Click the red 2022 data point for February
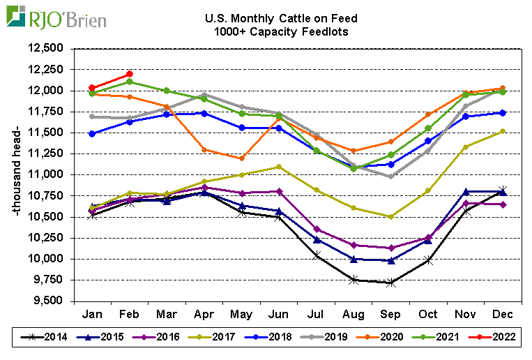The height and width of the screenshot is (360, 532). pos(130,74)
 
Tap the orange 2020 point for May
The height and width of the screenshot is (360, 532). pos(242,158)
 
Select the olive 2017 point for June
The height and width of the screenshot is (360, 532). pos(279,167)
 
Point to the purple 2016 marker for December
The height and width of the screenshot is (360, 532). pos(502,204)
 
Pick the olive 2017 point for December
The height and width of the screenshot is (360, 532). pos(502,131)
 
